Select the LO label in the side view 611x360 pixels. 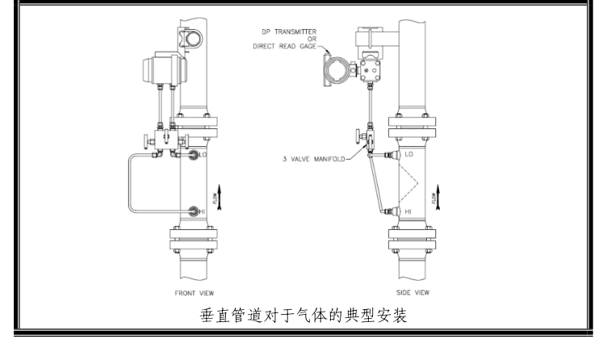408,153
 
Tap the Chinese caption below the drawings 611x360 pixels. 304,316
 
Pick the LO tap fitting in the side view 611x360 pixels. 390,153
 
